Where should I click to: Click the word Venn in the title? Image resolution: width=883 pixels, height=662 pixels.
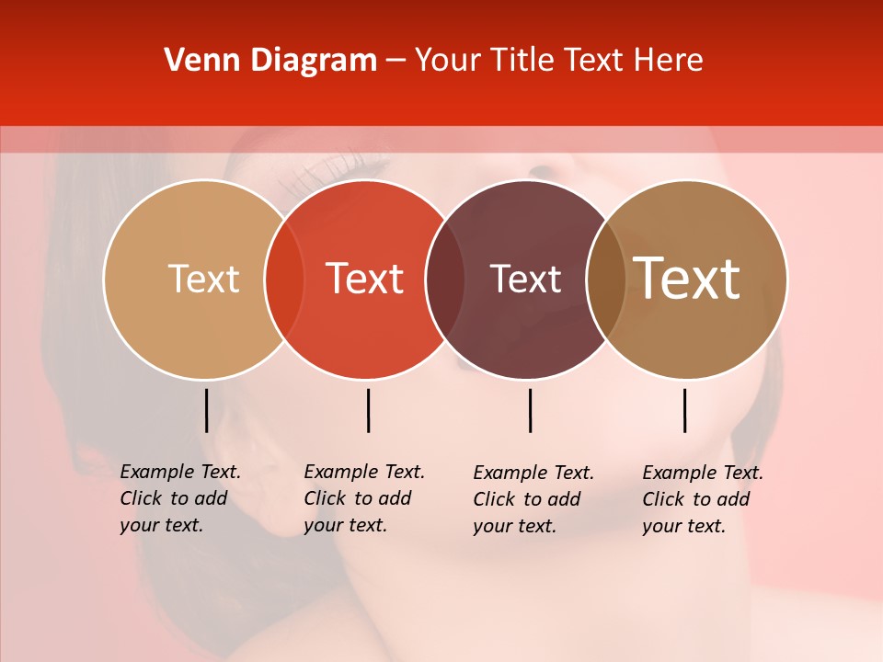pos(195,61)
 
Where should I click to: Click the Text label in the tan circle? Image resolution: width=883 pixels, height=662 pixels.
pos(203,279)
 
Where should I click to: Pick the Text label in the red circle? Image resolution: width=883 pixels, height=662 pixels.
pos(365,279)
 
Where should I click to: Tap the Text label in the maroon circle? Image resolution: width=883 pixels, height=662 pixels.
pos(526,279)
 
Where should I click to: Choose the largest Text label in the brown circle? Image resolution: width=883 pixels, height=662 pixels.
pos(687,279)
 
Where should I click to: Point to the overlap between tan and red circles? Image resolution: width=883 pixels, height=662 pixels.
pos(284,279)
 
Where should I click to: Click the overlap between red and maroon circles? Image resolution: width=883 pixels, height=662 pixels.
pos(446,279)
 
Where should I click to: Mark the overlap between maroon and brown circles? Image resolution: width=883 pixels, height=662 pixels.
pos(606,279)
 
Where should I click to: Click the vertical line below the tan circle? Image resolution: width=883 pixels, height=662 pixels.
pos(206,410)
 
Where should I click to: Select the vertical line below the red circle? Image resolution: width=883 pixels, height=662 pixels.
pos(368,410)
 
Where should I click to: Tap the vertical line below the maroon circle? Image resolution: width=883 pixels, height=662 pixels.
pos(530,410)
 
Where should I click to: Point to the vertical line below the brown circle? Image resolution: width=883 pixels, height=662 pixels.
pos(684,410)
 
